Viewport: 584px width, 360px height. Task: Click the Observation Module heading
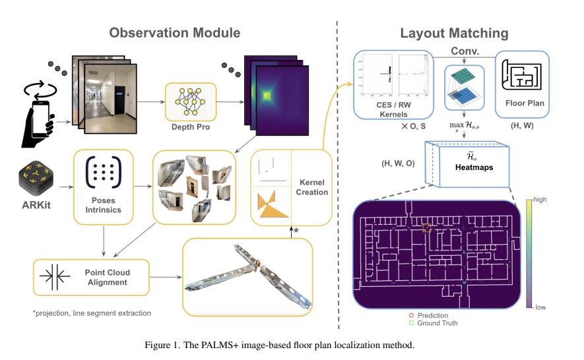tap(174, 32)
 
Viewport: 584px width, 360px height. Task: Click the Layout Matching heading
tap(454, 32)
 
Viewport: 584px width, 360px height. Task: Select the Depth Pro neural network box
tap(190, 106)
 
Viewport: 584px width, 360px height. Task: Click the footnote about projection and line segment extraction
tap(92, 313)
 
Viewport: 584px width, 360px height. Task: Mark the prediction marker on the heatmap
tap(426, 228)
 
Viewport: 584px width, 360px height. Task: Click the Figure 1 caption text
tap(291, 345)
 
